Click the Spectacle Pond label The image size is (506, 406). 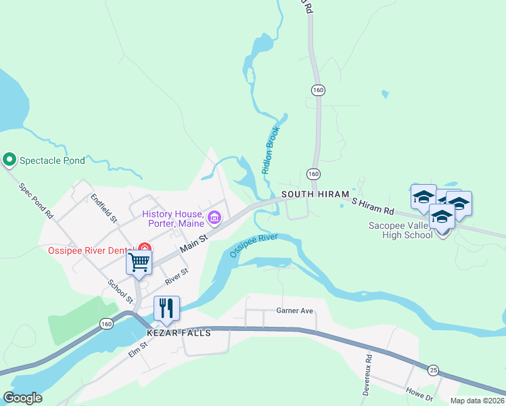tap(52, 160)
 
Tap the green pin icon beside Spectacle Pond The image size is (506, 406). tap(9, 160)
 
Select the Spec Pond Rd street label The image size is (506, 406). tap(36, 202)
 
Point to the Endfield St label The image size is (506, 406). tap(104, 210)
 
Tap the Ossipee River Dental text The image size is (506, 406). tap(89, 250)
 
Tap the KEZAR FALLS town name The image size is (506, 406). tap(179, 333)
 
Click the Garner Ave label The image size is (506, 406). tap(294, 311)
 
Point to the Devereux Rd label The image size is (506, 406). tap(366, 375)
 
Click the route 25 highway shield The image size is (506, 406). tap(432, 369)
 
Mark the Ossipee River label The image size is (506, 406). tap(254, 245)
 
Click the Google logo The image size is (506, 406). tap(23, 398)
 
